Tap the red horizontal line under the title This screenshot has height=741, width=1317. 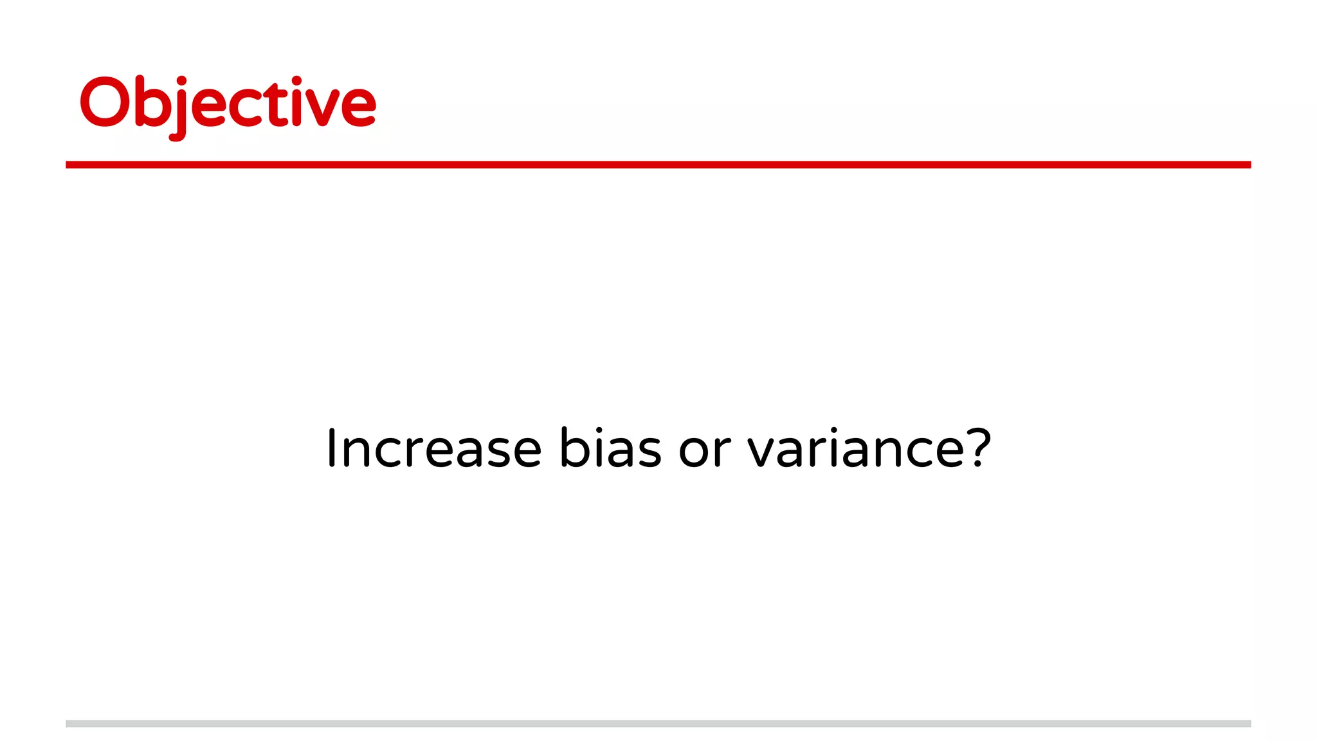click(x=658, y=165)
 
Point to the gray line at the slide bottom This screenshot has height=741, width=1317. click(x=658, y=724)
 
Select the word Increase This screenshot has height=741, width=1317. click(x=434, y=448)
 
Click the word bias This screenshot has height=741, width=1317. click(x=610, y=448)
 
